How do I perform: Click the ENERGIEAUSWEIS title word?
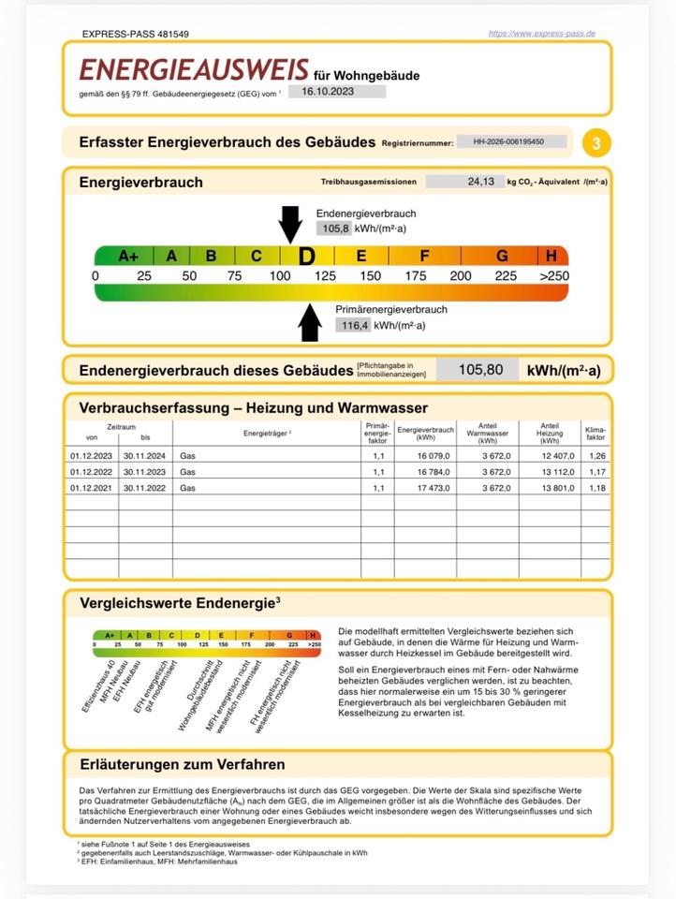(x=194, y=69)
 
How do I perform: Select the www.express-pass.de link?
(x=542, y=34)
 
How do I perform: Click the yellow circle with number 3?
(x=596, y=143)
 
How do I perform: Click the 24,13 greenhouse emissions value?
(x=482, y=182)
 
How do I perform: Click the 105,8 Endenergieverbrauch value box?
(x=334, y=228)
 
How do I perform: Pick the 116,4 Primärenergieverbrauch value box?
(x=353, y=325)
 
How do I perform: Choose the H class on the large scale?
(x=551, y=256)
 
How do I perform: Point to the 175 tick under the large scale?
(x=415, y=276)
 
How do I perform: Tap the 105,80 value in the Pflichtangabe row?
(x=480, y=370)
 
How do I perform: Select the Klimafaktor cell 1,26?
(x=595, y=456)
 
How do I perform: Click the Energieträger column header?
(x=267, y=434)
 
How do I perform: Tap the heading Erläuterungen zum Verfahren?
(x=183, y=765)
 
